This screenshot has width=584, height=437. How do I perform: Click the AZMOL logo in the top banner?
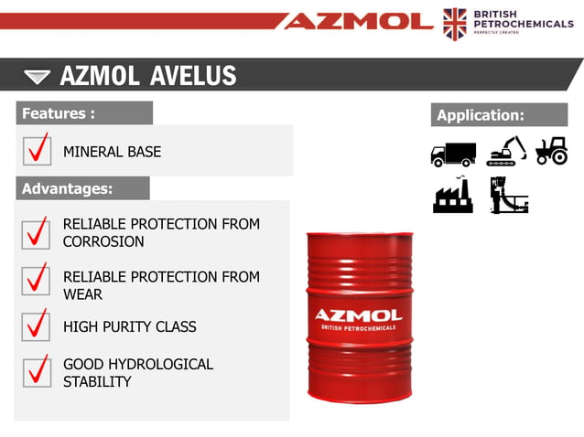[357, 20]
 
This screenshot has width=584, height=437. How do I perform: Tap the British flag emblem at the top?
[454, 23]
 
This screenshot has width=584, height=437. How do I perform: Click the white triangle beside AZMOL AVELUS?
[38, 76]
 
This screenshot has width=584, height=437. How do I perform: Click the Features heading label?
[59, 113]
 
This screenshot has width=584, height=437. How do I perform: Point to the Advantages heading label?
[67, 189]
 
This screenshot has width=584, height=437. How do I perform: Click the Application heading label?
[481, 115]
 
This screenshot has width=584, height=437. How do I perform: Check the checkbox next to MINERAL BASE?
[37, 150]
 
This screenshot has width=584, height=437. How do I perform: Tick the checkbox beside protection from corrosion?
[37, 232]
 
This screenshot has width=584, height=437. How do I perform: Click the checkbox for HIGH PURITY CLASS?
[37, 325]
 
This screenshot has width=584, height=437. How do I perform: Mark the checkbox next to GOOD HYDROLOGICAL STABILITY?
[37, 371]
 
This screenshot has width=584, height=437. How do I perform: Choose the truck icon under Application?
[453, 153]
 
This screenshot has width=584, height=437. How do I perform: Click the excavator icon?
[506, 151]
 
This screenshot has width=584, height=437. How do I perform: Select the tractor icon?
[551, 151]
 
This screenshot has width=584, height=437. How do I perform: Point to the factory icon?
[453, 195]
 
